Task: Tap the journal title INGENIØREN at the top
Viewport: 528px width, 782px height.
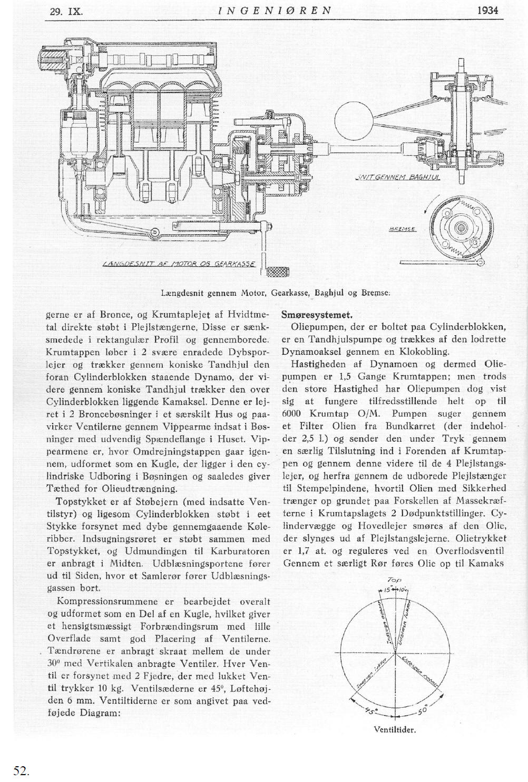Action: point(276,10)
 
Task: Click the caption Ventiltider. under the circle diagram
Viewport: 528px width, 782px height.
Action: point(395,730)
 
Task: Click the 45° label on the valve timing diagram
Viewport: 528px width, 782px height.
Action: point(372,711)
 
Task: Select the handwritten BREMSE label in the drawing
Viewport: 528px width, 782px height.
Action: point(403,229)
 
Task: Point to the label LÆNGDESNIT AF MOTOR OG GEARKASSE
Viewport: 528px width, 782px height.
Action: point(179,264)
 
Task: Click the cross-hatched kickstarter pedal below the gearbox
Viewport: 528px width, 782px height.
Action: point(275,272)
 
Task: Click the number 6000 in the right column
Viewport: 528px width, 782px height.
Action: point(291,414)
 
